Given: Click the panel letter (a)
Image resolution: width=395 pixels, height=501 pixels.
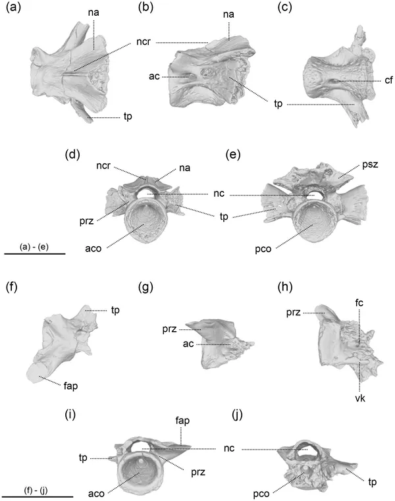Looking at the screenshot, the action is click(x=13, y=7).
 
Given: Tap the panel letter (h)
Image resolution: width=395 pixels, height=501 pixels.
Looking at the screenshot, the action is click(x=285, y=287).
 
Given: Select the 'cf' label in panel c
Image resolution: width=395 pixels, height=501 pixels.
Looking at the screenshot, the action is click(x=388, y=80).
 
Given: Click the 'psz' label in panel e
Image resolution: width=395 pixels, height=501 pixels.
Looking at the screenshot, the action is click(x=370, y=165).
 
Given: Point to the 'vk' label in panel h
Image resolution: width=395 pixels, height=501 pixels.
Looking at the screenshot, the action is click(x=360, y=398).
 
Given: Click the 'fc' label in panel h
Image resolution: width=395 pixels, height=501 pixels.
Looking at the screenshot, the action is click(x=359, y=303).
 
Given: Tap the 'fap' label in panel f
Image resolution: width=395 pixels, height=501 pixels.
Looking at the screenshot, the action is click(x=70, y=386).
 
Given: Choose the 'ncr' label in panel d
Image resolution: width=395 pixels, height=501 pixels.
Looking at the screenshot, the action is click(x=103, y=166).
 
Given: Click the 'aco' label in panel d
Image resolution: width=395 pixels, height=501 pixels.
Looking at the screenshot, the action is click(x=93, y=249).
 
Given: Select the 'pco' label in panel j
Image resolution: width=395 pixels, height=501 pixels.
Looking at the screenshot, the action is click(x=261, y=494).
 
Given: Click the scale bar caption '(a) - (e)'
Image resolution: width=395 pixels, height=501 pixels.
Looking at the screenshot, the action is click(x=34, y=246).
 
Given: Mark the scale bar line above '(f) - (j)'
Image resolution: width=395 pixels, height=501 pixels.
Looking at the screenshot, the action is click(x=39, y=497).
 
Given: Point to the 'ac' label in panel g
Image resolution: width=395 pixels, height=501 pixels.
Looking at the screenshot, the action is click(x=188, y=344).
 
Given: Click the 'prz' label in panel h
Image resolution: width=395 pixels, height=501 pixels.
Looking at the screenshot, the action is click(x=294, y=313).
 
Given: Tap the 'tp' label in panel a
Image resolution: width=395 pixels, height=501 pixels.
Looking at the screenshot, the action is click(x=128, y=117).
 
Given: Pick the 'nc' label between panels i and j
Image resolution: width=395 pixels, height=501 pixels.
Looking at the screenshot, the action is click(x=229, y=448).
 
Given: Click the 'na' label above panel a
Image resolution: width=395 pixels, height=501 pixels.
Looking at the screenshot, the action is click(x=93, y=13).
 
